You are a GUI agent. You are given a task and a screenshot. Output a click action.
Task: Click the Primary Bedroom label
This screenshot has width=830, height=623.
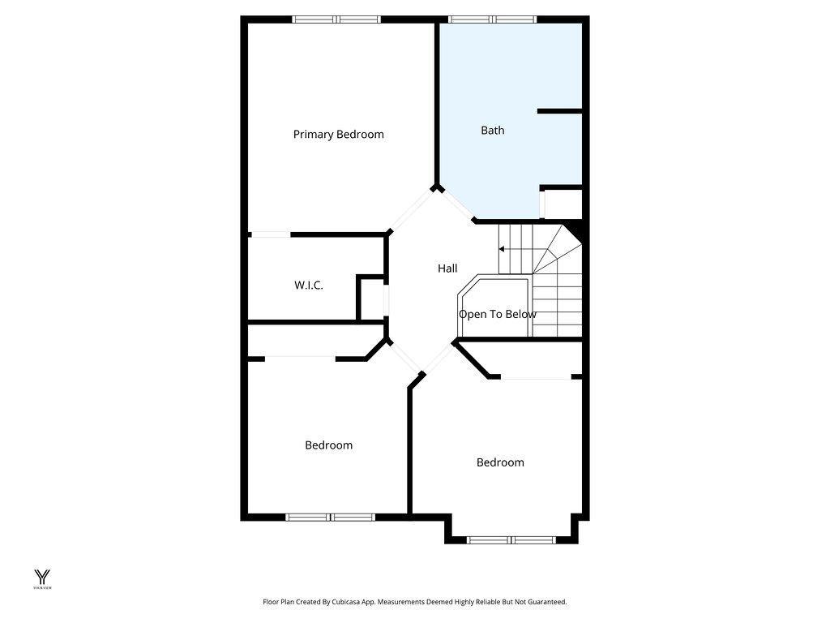pyautogui.click(x=338, y=135)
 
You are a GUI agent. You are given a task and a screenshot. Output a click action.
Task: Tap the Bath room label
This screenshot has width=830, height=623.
pyautogui.click(x=492, y=130)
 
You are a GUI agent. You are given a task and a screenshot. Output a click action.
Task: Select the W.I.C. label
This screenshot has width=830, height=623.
pyautogui.click(x=308, y=286)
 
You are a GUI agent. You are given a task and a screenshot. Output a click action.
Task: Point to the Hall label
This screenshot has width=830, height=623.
pyautogui.click(x=447, y=269)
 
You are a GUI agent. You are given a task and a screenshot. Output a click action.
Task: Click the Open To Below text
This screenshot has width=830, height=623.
pyautogui.click(x=497, y=315)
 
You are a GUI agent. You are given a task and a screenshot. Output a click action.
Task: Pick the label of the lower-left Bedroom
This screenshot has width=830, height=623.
pyautogui.click(x=328, y=445)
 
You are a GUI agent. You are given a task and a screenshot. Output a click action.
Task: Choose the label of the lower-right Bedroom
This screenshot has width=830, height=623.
pyautogui.click(x=499, y=462)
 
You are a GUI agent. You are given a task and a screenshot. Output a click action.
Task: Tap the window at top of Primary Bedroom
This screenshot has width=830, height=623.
pyautogui.click(x=336, y=19)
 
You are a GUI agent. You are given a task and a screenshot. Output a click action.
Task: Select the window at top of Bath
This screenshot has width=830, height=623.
pyautogui.click(x=492, y=19)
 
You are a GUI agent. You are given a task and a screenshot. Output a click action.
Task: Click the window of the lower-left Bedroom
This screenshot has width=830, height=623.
pyautogui.click(x=330, y=517)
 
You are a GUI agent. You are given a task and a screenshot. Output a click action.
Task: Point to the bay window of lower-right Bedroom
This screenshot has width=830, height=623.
pyautogui.click(x=511, y=539)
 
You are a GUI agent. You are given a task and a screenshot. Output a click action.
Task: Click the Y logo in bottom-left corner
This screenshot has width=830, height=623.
pyautogui.click(x=41, y=578)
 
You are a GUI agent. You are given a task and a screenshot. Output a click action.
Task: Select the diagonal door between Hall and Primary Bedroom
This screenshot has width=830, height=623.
pyautogui.click(x=412, y=210)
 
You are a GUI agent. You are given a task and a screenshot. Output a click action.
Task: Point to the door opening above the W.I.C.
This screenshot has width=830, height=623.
pyautogui.click(x=270, y=235)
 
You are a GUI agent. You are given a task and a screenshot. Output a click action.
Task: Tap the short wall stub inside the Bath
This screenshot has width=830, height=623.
pyautogui.click(x=560, y=111)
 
